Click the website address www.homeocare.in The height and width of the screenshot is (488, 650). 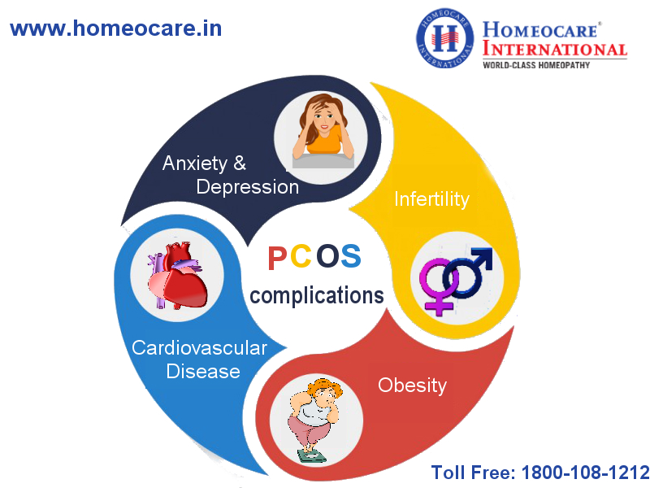pyautogui.click(x=115, y=28)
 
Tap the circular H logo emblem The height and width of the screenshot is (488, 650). pyautogui.click(x=444, y=38)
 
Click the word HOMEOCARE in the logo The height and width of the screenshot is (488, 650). pyautogui.click(x=539, y=31)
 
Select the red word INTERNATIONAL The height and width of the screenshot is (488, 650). pyautogui.click(x=555, y=50)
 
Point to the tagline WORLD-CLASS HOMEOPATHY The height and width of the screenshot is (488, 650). pyautogui.click(x=536, y=65)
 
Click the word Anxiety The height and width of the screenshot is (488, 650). pyautogui.click(x=195, y=164)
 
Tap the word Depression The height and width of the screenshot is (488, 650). pyautogui.click(x=248, y=188)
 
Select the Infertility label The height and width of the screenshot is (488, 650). pyautogui.click(x=431, y=199)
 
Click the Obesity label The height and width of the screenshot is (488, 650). pyautogui.click(x=413, y=386)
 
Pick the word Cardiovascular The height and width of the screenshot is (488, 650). pyautogui.click(x=199, y=348)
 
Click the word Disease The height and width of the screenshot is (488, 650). pyautogui.click(x=203, y=371)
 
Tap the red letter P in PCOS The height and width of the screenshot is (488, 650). pyautogui.click(x=277, y=258)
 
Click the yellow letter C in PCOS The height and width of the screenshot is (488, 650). pyautogui.click(x=301, y=256)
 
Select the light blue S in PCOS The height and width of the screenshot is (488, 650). pyautogui.click(x=351, y=256)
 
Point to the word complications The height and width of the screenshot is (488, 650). pyautogui.click(x=317, y=296)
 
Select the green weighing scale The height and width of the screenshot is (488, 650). pyautogui.click(x=312, y=455)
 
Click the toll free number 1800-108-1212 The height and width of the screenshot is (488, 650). pyautogui.click(x=584, y=473)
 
